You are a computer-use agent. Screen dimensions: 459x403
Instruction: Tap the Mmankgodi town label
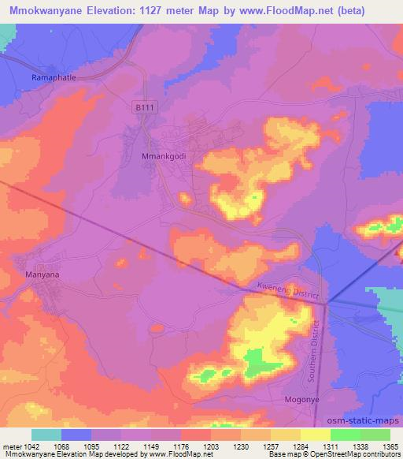pyautogui.click(x=163, y=155)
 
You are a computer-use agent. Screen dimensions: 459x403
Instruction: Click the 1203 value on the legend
pyautogui.click(x=210, y=447)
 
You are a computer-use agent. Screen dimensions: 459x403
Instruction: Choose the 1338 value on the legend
pyautogui.click(x=360, y=447)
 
